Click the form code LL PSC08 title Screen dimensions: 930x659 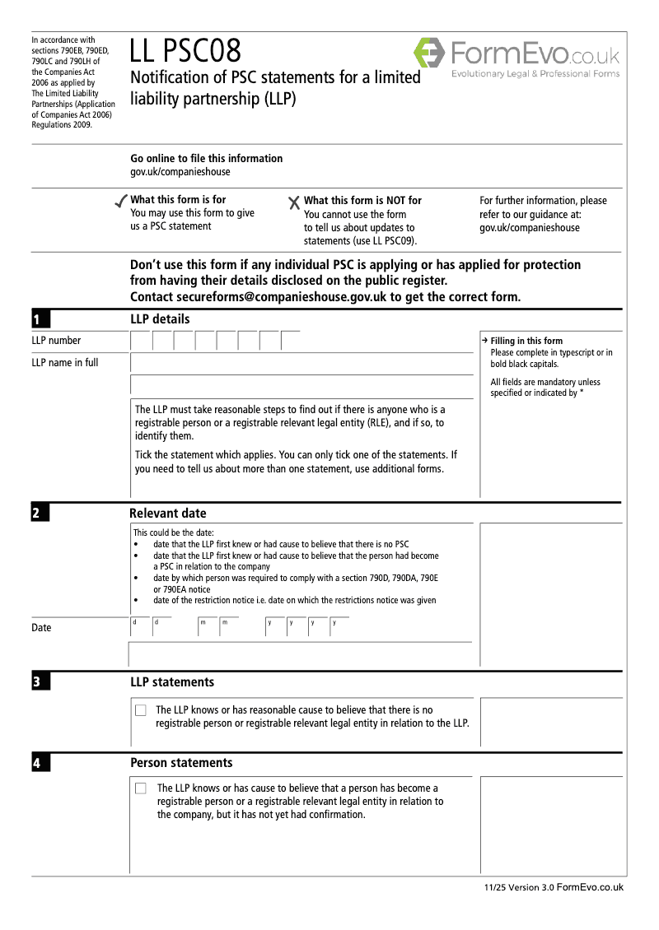(x=185, y=52)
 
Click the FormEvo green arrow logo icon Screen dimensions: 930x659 (x=429, y=53)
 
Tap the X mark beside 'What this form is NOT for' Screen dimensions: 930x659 (x=294, y=202)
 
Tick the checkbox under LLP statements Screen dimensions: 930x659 (x=141, y=710)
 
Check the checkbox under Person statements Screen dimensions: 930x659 (x=141, y=788)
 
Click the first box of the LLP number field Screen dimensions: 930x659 (x=141, y=341)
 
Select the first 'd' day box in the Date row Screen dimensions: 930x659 (x=139, y=627)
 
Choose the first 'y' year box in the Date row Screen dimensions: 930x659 (x=274, y=627)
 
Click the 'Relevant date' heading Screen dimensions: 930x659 (x=168, y=514)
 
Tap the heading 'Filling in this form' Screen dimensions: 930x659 (x=526, y=342)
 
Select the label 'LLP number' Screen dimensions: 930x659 (x=56, y=341)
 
